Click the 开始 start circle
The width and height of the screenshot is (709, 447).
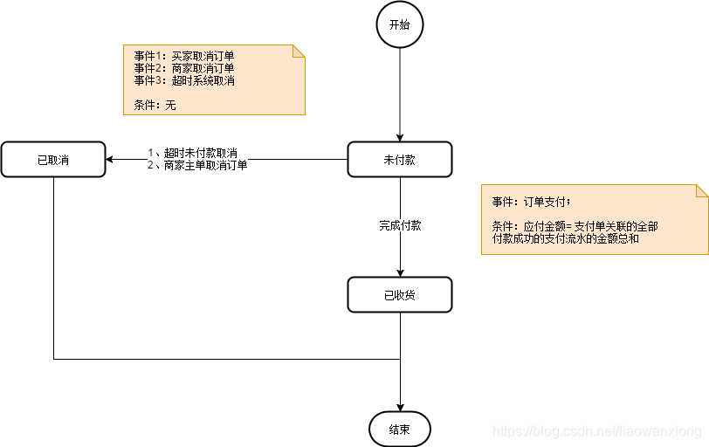(x=400, y=24)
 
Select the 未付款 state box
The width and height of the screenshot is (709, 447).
(x=400, y=160)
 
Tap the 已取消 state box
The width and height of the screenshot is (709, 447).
(x=53, y=160)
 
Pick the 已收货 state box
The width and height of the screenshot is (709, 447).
(x=400, y=295)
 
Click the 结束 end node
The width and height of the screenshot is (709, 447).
(x=400, y=429)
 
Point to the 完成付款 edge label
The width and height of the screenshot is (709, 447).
(x=400, y=225)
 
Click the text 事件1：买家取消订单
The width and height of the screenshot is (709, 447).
(x=184, y=55)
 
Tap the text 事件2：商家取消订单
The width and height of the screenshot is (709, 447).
(x=184, y=67)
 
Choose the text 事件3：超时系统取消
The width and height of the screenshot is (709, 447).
(x=184, y=80)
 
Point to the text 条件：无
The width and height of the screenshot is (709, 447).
(x=155, y=105)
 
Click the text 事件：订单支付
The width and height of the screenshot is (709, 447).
(x=530, y=202)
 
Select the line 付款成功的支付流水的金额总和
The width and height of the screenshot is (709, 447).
(x=566, y=237)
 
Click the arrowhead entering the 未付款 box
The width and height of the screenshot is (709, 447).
(x=400, y=137)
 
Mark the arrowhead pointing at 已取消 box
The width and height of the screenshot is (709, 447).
(x=111, y=160)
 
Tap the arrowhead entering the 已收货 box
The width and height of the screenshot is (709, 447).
(x=400, y=272)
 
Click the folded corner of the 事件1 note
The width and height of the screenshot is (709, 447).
(x=299, y=51)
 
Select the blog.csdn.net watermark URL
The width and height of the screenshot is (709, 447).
(x=598, y=431)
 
